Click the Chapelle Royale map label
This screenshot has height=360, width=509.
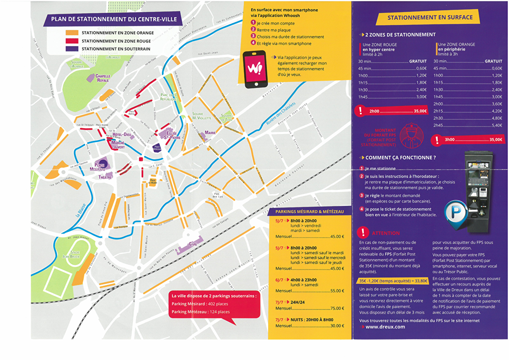[102, 78]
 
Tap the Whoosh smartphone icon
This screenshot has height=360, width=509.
[254, 69]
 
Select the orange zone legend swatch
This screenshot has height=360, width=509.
[72, 33]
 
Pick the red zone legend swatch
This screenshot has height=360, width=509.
[72, 41]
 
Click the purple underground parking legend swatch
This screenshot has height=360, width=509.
[72, 49]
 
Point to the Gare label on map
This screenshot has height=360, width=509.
[193, 244]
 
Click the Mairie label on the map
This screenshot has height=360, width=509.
[210, 133]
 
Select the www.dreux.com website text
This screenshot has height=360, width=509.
[385, 326]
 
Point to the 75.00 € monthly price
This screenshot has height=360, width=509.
[337, 308]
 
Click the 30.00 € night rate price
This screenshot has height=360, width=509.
[337, 326]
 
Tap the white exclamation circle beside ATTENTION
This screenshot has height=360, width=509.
[363, 232]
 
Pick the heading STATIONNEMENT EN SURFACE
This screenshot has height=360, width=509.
[430, 18]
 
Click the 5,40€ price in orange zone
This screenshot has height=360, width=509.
[496, 125]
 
